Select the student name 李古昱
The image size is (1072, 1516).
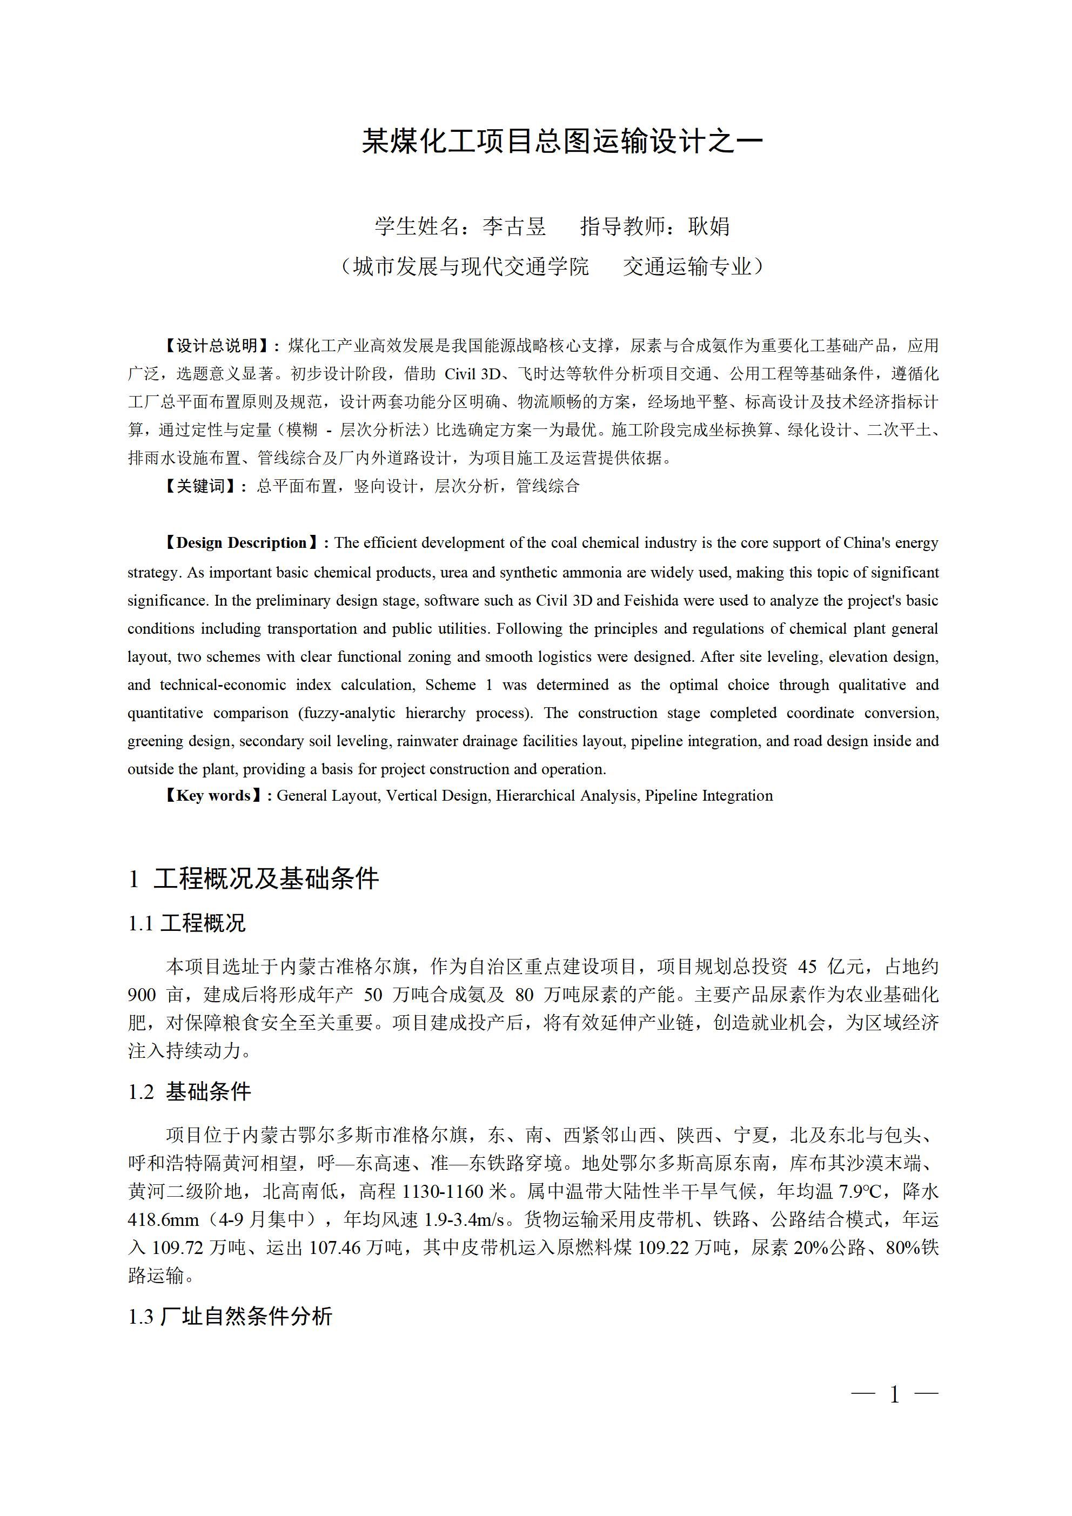click(514, 226)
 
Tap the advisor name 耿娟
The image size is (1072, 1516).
click(709, 226)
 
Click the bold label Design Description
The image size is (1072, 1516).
click(242, 543)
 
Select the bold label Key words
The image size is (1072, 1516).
click(213, 796)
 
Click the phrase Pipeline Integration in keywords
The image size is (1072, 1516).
click(709, 796)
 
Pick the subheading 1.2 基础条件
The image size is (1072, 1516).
click(190, 1092)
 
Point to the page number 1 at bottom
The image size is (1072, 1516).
click(894, 1394)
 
